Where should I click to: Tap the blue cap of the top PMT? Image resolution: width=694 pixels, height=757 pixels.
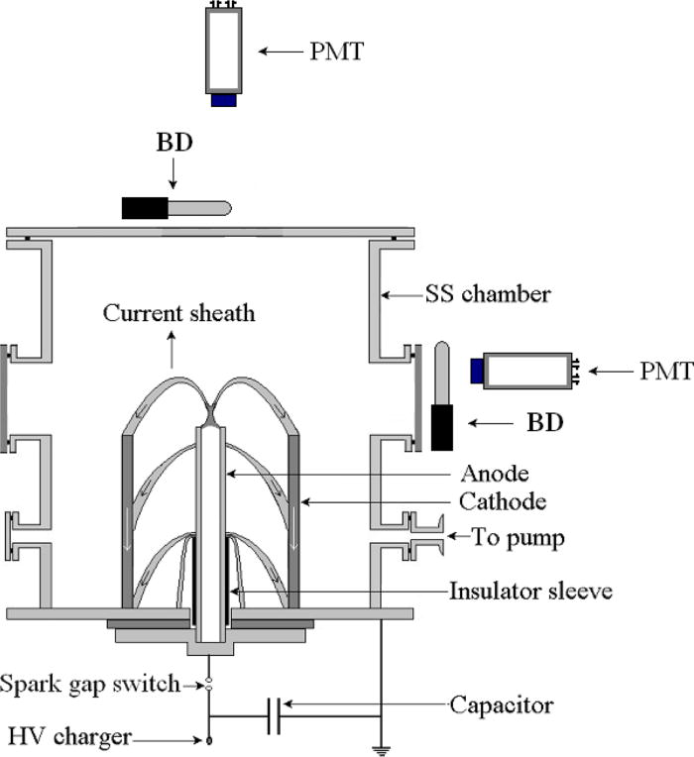tap(223, 100)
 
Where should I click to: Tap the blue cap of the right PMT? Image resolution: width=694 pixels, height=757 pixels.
tap(478, 370)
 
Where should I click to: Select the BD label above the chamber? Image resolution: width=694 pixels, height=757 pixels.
tap(173, 143)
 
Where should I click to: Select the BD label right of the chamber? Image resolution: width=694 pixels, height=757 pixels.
tap(543, 423)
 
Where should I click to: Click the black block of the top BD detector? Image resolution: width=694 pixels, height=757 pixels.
tap(144, 208)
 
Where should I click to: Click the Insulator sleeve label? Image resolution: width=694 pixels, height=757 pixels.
tap(530, 592)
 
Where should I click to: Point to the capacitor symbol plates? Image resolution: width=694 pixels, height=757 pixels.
tap(274, 714)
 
